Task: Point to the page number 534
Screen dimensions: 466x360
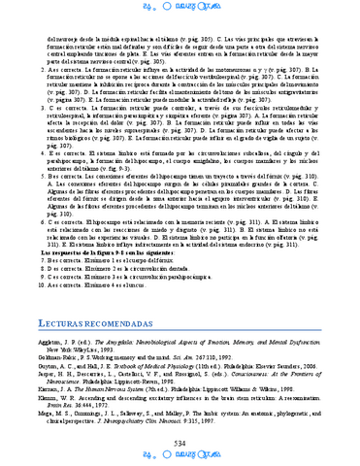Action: point(180,443)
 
